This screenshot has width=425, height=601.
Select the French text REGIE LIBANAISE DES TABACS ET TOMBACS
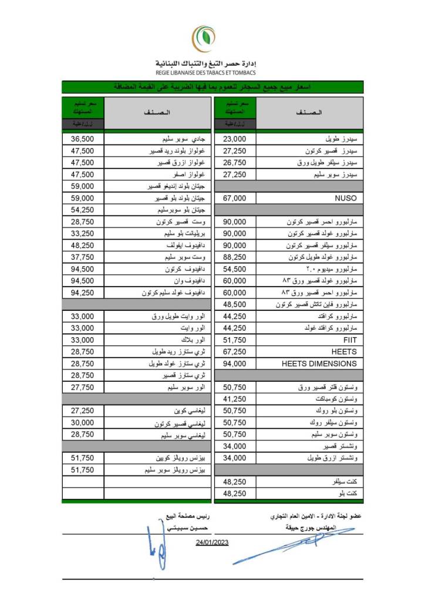coord(205,73)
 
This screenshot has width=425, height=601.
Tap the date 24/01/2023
coord(212,542)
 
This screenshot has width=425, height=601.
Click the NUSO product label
coord(345,199)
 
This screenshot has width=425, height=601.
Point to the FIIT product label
coord(350,340)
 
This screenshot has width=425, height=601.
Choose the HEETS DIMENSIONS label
coord(319,363)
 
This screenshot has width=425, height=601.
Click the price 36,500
coord(82,139)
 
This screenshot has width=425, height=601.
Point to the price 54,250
coord(82,210)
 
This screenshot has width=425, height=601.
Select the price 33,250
coord(82,234)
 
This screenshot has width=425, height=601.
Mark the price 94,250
coord(82,293)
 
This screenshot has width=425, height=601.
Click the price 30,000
coord(82,422)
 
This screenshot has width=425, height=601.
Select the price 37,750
coord(82,257)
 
